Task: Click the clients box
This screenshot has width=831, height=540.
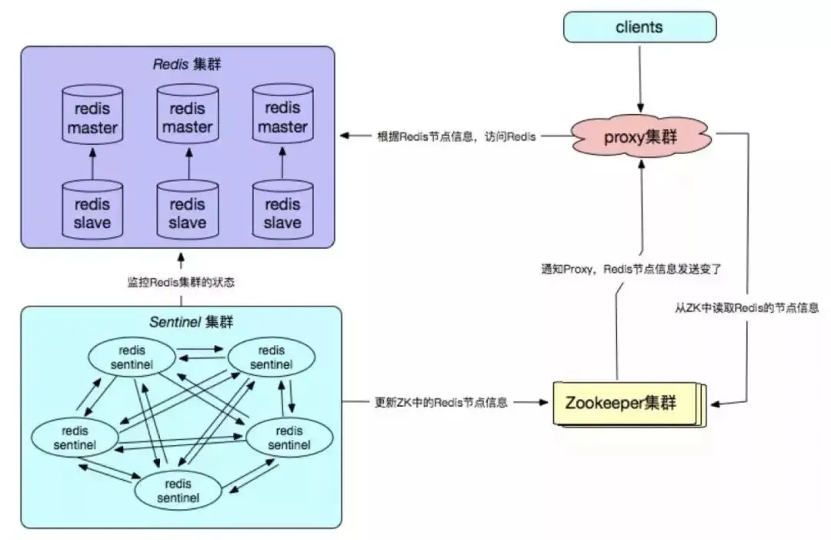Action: [639, 27]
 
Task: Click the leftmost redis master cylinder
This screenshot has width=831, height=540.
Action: [92, 118]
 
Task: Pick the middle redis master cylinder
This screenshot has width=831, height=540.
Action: [187, 118]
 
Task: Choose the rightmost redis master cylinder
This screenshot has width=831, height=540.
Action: [282, 118]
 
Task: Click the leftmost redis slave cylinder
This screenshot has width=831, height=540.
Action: [92, 213]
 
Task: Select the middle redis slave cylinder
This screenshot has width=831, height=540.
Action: [187, 213]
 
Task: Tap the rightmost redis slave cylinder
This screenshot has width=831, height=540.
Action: [282, 213]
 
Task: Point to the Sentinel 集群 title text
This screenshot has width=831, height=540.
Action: [181, 321]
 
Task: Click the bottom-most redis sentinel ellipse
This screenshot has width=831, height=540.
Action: [179, 491]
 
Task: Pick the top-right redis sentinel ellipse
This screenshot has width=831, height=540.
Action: [271, 357]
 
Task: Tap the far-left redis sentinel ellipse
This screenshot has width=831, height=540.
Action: [75, 437]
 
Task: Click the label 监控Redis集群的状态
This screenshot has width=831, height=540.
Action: [181, 282]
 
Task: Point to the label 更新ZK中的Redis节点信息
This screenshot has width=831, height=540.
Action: [441, 402]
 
